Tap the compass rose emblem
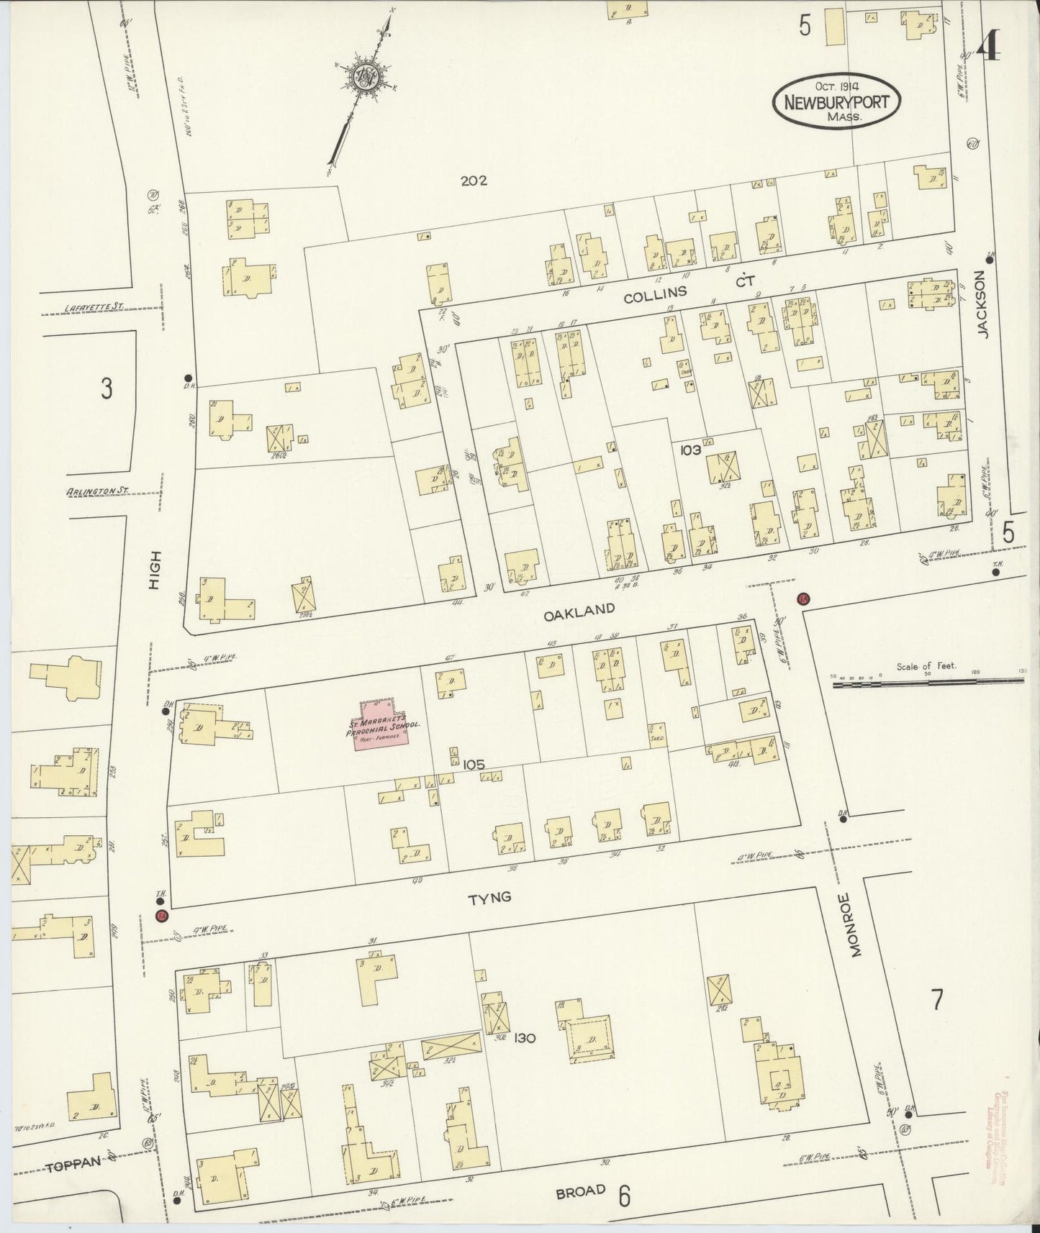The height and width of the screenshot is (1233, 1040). click(365, 76)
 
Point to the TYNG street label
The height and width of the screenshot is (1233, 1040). click(489, 898)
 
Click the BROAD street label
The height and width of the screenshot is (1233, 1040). click(580, 1191)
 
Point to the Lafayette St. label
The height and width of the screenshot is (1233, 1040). click(94, 307)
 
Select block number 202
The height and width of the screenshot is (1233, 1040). click(474, 181)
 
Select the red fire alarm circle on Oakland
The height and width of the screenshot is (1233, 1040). click(804, 599)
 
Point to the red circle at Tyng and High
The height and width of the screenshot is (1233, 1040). click(162, 916)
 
